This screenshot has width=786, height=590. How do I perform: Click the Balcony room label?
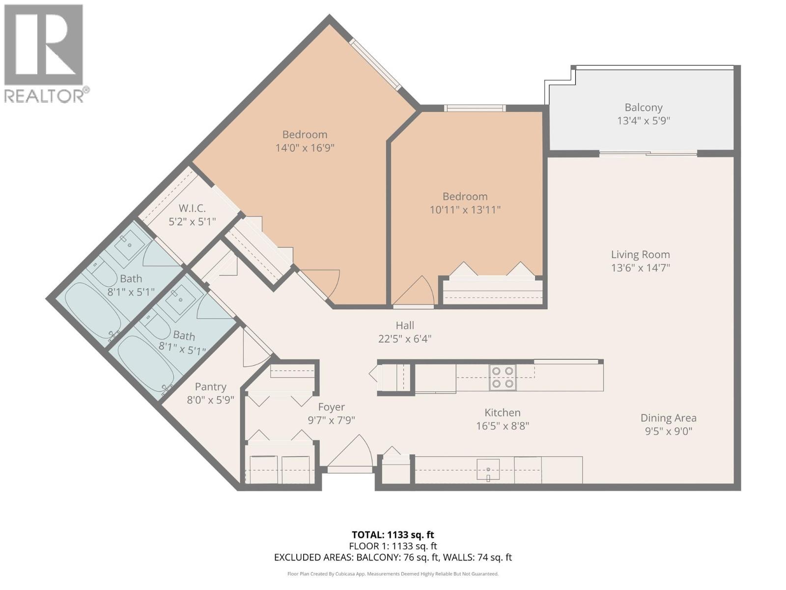coord(643,107)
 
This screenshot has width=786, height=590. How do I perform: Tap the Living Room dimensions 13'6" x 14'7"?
coord(640,268)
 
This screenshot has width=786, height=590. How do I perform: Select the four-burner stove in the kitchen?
coord(503,378)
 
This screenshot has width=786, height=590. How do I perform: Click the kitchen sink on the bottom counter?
coord(488,469)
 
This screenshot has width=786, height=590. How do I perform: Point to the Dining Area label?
coord(668,418)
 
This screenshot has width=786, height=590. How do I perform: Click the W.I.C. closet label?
coord(192,208)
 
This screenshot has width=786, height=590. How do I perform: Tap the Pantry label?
coord(210,387)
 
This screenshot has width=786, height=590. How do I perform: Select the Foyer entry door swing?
coord(350,452)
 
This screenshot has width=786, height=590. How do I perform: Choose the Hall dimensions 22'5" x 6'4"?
coord(405,339)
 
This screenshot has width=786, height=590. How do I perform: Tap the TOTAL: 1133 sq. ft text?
coord(393,534)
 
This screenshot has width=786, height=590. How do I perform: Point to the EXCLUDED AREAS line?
coord(393,557)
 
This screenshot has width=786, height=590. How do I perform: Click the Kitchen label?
coord(502,413)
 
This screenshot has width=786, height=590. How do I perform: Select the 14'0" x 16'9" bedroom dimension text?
coord(305,147)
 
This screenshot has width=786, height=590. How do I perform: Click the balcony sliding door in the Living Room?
coord(648,154)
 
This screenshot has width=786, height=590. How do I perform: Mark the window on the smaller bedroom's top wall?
coord(475,108)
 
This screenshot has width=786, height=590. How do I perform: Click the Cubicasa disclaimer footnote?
coord(393,574)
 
